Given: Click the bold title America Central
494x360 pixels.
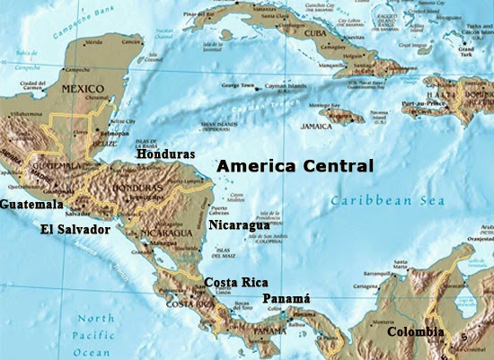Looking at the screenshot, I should tap(295, 166).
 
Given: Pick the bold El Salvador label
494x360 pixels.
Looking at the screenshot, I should tap(75, 230).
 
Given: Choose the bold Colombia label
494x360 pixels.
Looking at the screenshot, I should tap(415, 332).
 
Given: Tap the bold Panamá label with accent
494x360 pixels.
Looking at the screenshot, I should tap(286, 298).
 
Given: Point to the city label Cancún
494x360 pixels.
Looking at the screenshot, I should tap(132, 41).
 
